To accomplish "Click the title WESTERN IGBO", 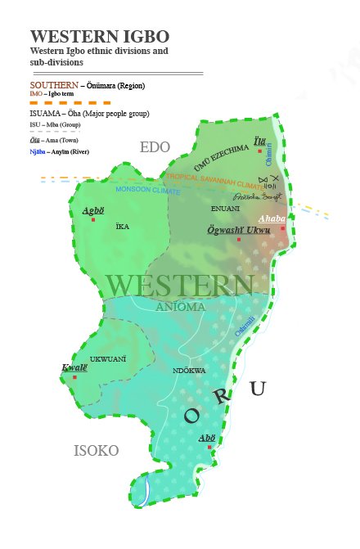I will (x=100, y=37).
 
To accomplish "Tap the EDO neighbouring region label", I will (x=155, y=147).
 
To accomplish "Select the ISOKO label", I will (x=96, y=451).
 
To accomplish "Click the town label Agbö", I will (x=93, y=210).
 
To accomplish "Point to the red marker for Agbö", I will (x=94, y=219).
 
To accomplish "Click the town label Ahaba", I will (x=272, y=218).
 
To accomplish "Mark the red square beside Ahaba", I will (x=283, y=228).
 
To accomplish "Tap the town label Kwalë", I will (x=74, y=367).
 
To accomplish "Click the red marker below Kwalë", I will (x=74, y=377).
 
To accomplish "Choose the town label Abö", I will (x=207, y=438).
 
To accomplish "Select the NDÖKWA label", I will (x=189, y=371).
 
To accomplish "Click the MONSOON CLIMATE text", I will (x=148, y=190).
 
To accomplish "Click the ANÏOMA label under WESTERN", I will (x=180, y=307).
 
